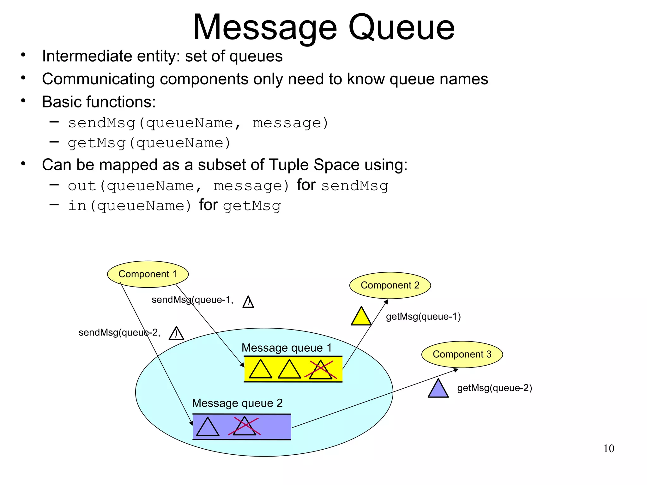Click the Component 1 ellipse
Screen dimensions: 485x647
point(148,274)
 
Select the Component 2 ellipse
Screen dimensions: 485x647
point(390,285)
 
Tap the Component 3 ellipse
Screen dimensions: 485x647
point(462,354)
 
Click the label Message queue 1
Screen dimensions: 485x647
point(287,348)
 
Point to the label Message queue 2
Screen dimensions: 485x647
point(237,403)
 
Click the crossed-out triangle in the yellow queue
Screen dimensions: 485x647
point(321,370)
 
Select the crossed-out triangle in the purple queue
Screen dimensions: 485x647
point(244,427)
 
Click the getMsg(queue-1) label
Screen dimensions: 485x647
point(423,317)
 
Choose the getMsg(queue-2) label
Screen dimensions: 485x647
point(495,388)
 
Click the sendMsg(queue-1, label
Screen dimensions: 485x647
point(192,300)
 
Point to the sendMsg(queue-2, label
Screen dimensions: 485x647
point(119,332)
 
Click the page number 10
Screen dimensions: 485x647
point(609,449)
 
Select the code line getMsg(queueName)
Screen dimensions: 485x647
point(149,143)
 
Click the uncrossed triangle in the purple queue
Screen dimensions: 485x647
point(207,428)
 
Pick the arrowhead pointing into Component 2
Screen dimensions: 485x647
point(386,301)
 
